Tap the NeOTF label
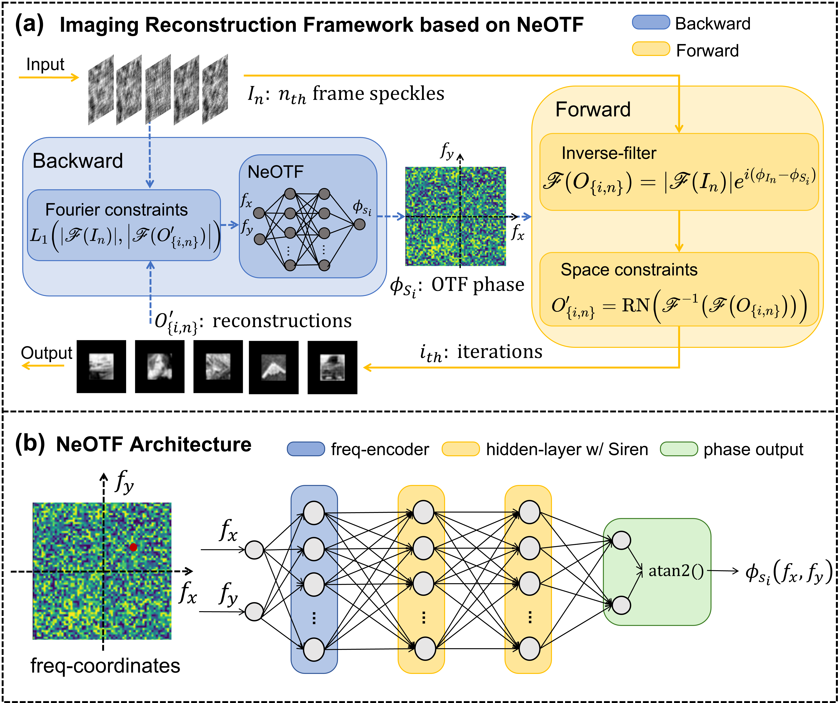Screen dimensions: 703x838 click(x=275, y=172)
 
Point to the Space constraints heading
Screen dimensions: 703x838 click(x=629, y=270)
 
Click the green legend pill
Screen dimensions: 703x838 click(x=679, y=449)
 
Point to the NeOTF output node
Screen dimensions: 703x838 click(x=360, y=224)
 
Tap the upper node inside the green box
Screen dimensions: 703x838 click(x=621, y=541)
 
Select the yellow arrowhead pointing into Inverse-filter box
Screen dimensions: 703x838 click(x=679, y=128)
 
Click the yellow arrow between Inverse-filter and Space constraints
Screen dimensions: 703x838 click(x=679, y=232)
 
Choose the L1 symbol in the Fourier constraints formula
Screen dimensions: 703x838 click(x=39, y=236)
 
